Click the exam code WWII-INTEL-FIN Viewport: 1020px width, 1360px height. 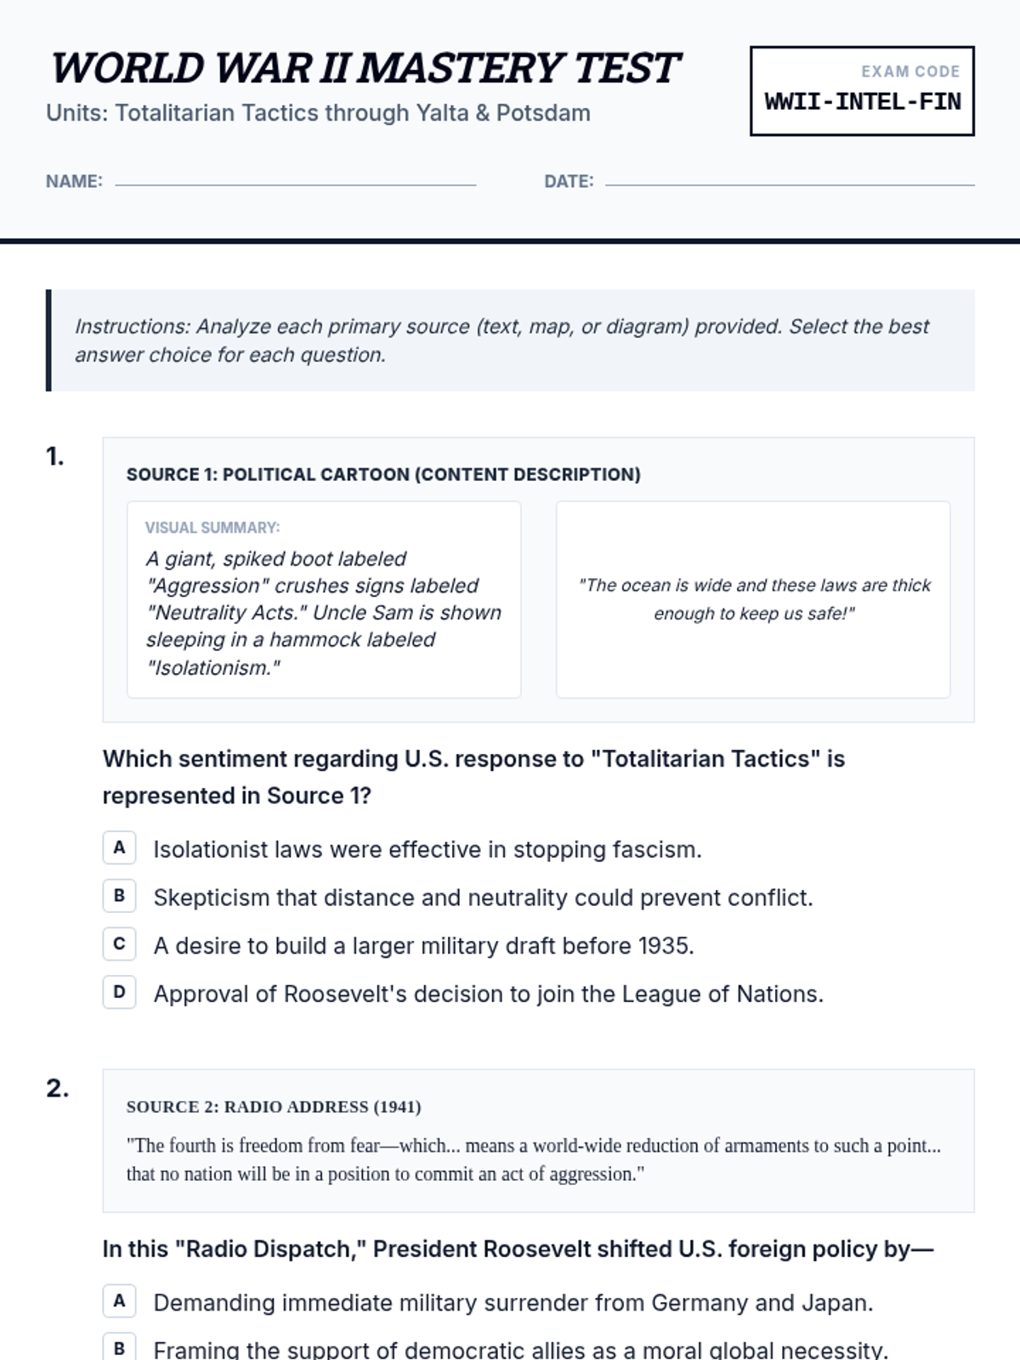point(862,102)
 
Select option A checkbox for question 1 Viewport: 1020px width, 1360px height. point(119,847)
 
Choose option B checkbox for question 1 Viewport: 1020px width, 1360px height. point(119,896)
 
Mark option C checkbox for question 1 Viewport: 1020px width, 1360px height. point(119,944)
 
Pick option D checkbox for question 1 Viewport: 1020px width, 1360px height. point(119,992)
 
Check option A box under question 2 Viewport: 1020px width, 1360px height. point(119,1301)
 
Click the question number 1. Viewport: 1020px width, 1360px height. point(55,457)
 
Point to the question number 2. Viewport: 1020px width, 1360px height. point(57,1089)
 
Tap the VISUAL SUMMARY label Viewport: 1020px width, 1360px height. point(212,528)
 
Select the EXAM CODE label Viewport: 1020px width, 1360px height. point(909,72)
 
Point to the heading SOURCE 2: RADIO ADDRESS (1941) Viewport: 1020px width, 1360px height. point(273,1107)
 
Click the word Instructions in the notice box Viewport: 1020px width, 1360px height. point(132,326)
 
